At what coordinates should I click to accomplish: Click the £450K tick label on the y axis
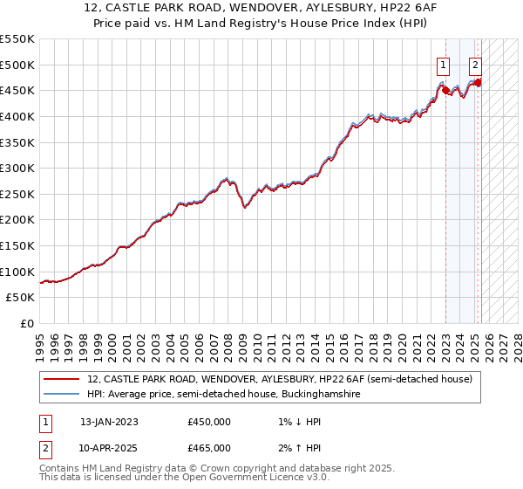point(17,90)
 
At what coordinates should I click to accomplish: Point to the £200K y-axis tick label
point(17,220)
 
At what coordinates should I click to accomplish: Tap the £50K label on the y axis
point(21,298)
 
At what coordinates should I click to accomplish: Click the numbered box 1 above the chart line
point(444,64)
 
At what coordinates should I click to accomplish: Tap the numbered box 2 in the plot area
point(475,64)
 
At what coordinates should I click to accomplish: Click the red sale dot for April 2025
point(479,82)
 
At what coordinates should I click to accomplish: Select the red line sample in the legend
point(60,380)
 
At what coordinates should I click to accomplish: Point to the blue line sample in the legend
point(60,395)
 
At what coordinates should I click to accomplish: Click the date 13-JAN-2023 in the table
point(109,422)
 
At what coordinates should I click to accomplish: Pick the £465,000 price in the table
point(209,448)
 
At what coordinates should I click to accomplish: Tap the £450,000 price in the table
point(209,422)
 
